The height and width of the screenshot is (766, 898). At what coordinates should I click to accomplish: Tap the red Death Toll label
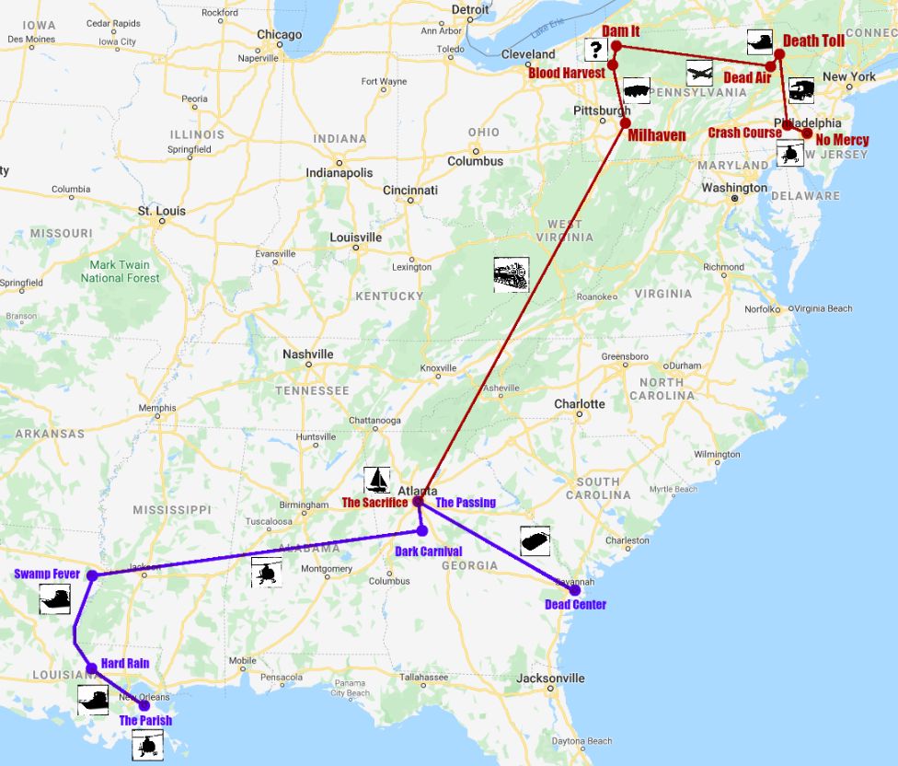pos(814,41)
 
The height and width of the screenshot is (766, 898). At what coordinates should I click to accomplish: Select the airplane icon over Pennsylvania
pos(699,73)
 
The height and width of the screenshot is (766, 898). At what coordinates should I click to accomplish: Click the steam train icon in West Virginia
pos(511,274)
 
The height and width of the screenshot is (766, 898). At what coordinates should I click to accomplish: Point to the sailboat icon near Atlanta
pos(376,480)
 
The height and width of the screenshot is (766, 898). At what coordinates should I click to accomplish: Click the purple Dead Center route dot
pos(575,589)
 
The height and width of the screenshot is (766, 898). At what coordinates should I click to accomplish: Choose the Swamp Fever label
pos(48,574)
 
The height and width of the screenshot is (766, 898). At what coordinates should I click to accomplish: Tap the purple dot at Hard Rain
pos(92,668)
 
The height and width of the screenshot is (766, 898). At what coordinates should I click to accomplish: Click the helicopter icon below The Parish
pos(147,744)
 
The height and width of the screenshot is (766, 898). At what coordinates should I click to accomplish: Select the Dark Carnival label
pos(428,551)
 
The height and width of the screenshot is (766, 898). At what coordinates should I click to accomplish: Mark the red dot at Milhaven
pos(626,122)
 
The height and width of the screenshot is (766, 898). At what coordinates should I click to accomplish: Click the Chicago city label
pos(279,35)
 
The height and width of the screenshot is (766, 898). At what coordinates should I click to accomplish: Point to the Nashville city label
pos(308,354)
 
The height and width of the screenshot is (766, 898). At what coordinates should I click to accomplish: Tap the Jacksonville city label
pos(550,679)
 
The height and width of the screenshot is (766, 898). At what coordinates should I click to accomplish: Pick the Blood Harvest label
pos(567,73)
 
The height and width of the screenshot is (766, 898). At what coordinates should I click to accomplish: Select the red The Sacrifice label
pos(374,503)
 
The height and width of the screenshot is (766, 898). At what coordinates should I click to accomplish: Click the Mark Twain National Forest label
pos(121,272)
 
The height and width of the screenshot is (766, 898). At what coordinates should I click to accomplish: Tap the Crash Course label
pos(744,133)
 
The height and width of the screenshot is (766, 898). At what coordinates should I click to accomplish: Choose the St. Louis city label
pos(162,211)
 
